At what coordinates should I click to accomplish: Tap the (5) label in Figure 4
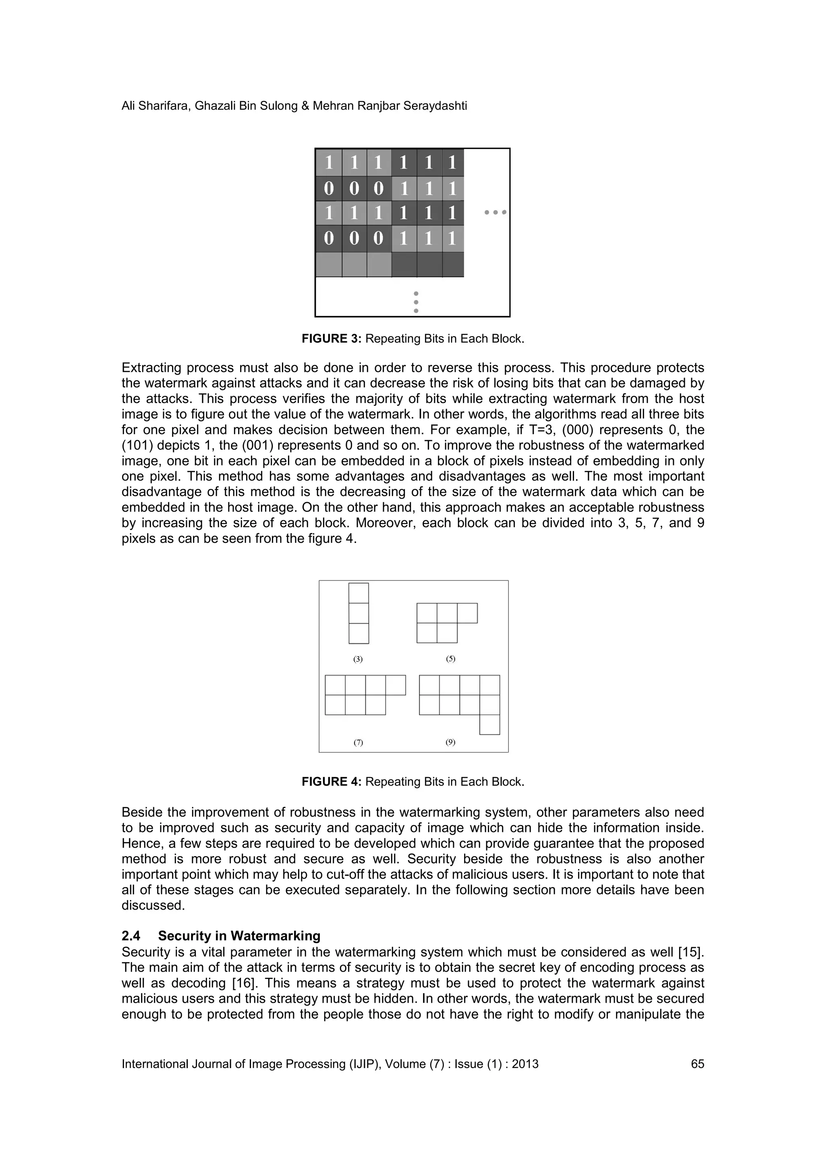450,659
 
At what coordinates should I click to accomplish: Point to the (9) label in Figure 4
450,742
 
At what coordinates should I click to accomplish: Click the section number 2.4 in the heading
131,936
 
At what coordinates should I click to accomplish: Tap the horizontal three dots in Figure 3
495,212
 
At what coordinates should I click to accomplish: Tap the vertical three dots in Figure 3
416,301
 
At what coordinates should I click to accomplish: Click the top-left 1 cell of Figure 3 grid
329,163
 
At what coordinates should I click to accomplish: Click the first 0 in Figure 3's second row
329,189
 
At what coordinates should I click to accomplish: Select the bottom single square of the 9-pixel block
489,724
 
